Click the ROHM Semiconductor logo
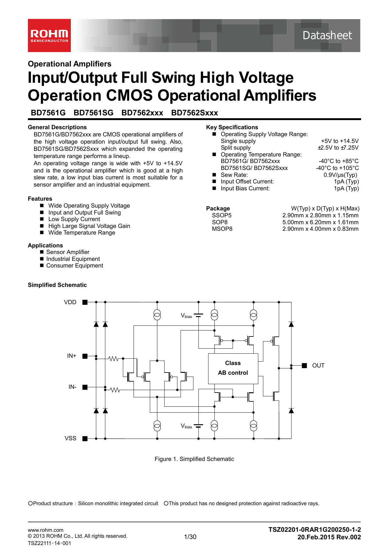[49, 35]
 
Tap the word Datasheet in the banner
[327, 35]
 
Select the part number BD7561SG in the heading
[93, 113]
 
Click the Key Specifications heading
[232, 127]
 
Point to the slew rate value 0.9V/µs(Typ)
[340, 175]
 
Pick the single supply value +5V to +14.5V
[339, 141]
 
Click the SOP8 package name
[220, 222]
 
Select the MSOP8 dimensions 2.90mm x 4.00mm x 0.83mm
[320, 229]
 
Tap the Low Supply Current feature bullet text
[74, 219]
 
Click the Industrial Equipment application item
[73, 259]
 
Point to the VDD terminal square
[85, 302]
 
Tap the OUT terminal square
[304, 366]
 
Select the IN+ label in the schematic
[71, 356]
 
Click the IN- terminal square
[85, 387]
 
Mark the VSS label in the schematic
[71, 438]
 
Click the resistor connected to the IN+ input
[113, 358]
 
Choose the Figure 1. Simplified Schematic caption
[194, 459]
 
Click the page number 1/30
[190, 537]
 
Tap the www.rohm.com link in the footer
[45, 530]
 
